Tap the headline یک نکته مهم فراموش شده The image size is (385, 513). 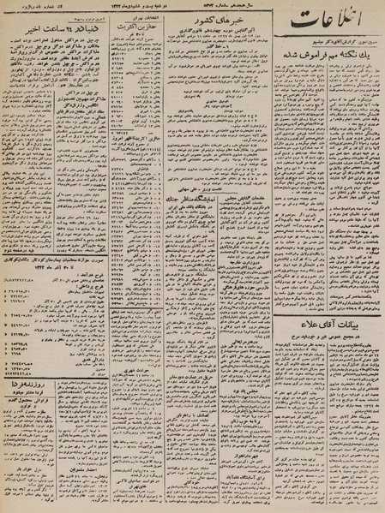click(326, 76)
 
